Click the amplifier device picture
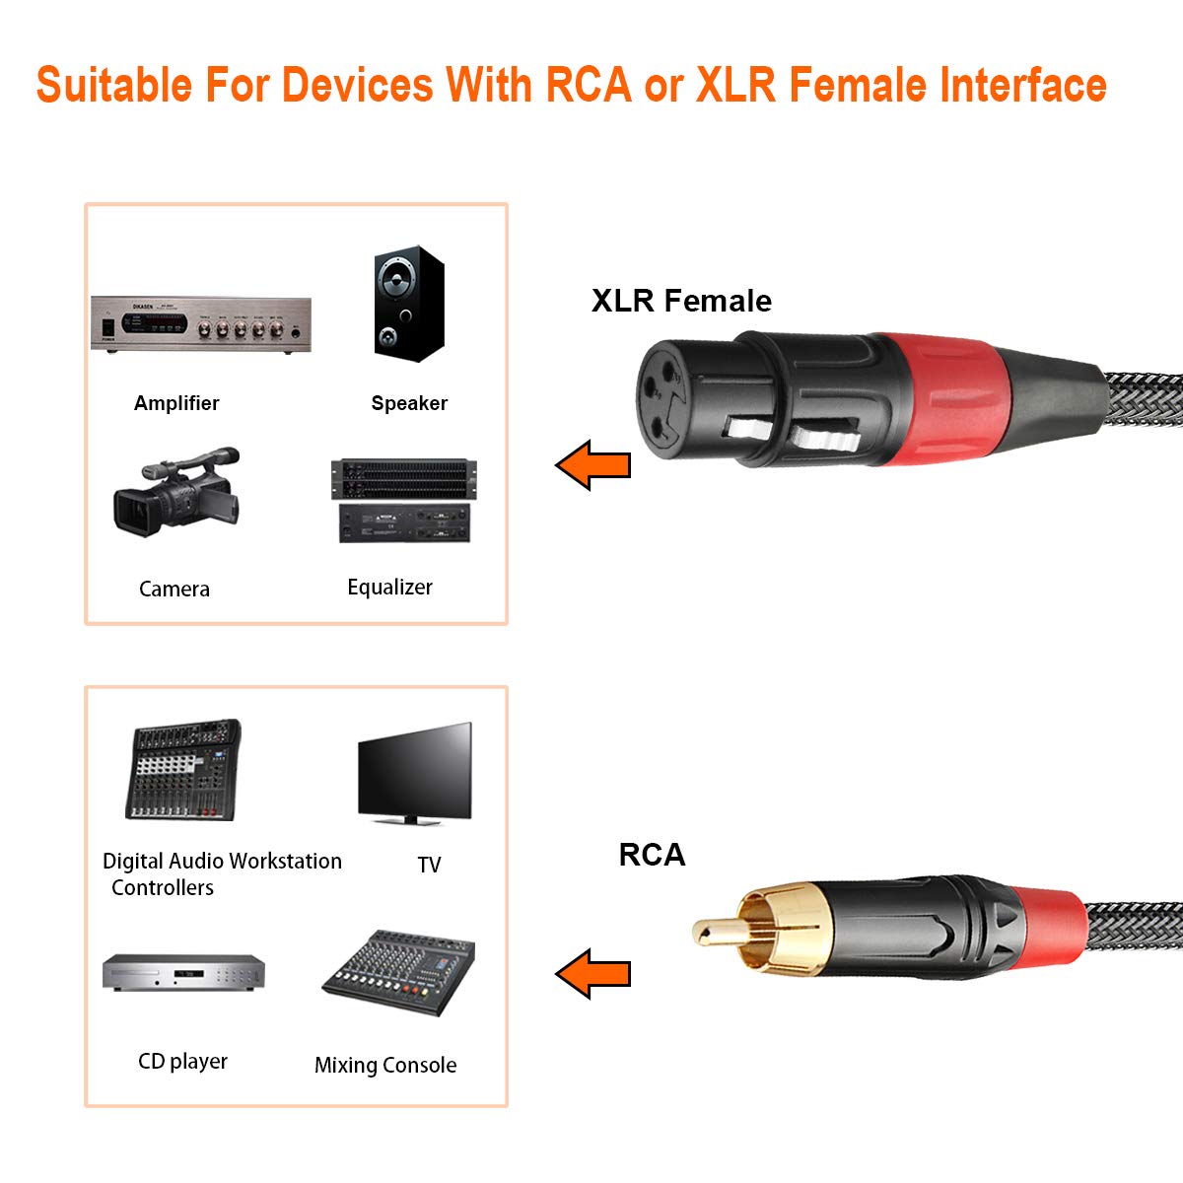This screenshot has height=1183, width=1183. click(x=201, y=324)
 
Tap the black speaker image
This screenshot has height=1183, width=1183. click(x=409, y=304)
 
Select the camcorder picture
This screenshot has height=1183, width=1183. click(x=176, y=492)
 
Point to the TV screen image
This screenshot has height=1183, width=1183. click(x=415, y=774)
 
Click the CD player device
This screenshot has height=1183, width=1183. click(x=183, y=972)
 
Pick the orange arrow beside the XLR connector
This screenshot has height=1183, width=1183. click(x=593, y=464)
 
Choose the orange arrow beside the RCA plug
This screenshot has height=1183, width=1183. click(x=593, y=974)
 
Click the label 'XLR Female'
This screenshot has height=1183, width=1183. click(x=681, y=301)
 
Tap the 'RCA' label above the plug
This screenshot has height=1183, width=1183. click(x=652, y=855)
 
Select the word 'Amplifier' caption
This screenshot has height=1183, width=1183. click(x=176, y=403)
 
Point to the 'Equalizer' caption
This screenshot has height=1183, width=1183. click(x=389, y=587)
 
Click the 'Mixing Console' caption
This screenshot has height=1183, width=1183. click(x=385, y=1065)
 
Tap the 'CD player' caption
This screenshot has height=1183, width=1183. click(x=183, y=1061)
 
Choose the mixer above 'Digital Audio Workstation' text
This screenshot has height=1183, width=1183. click(x=183, y=770)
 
